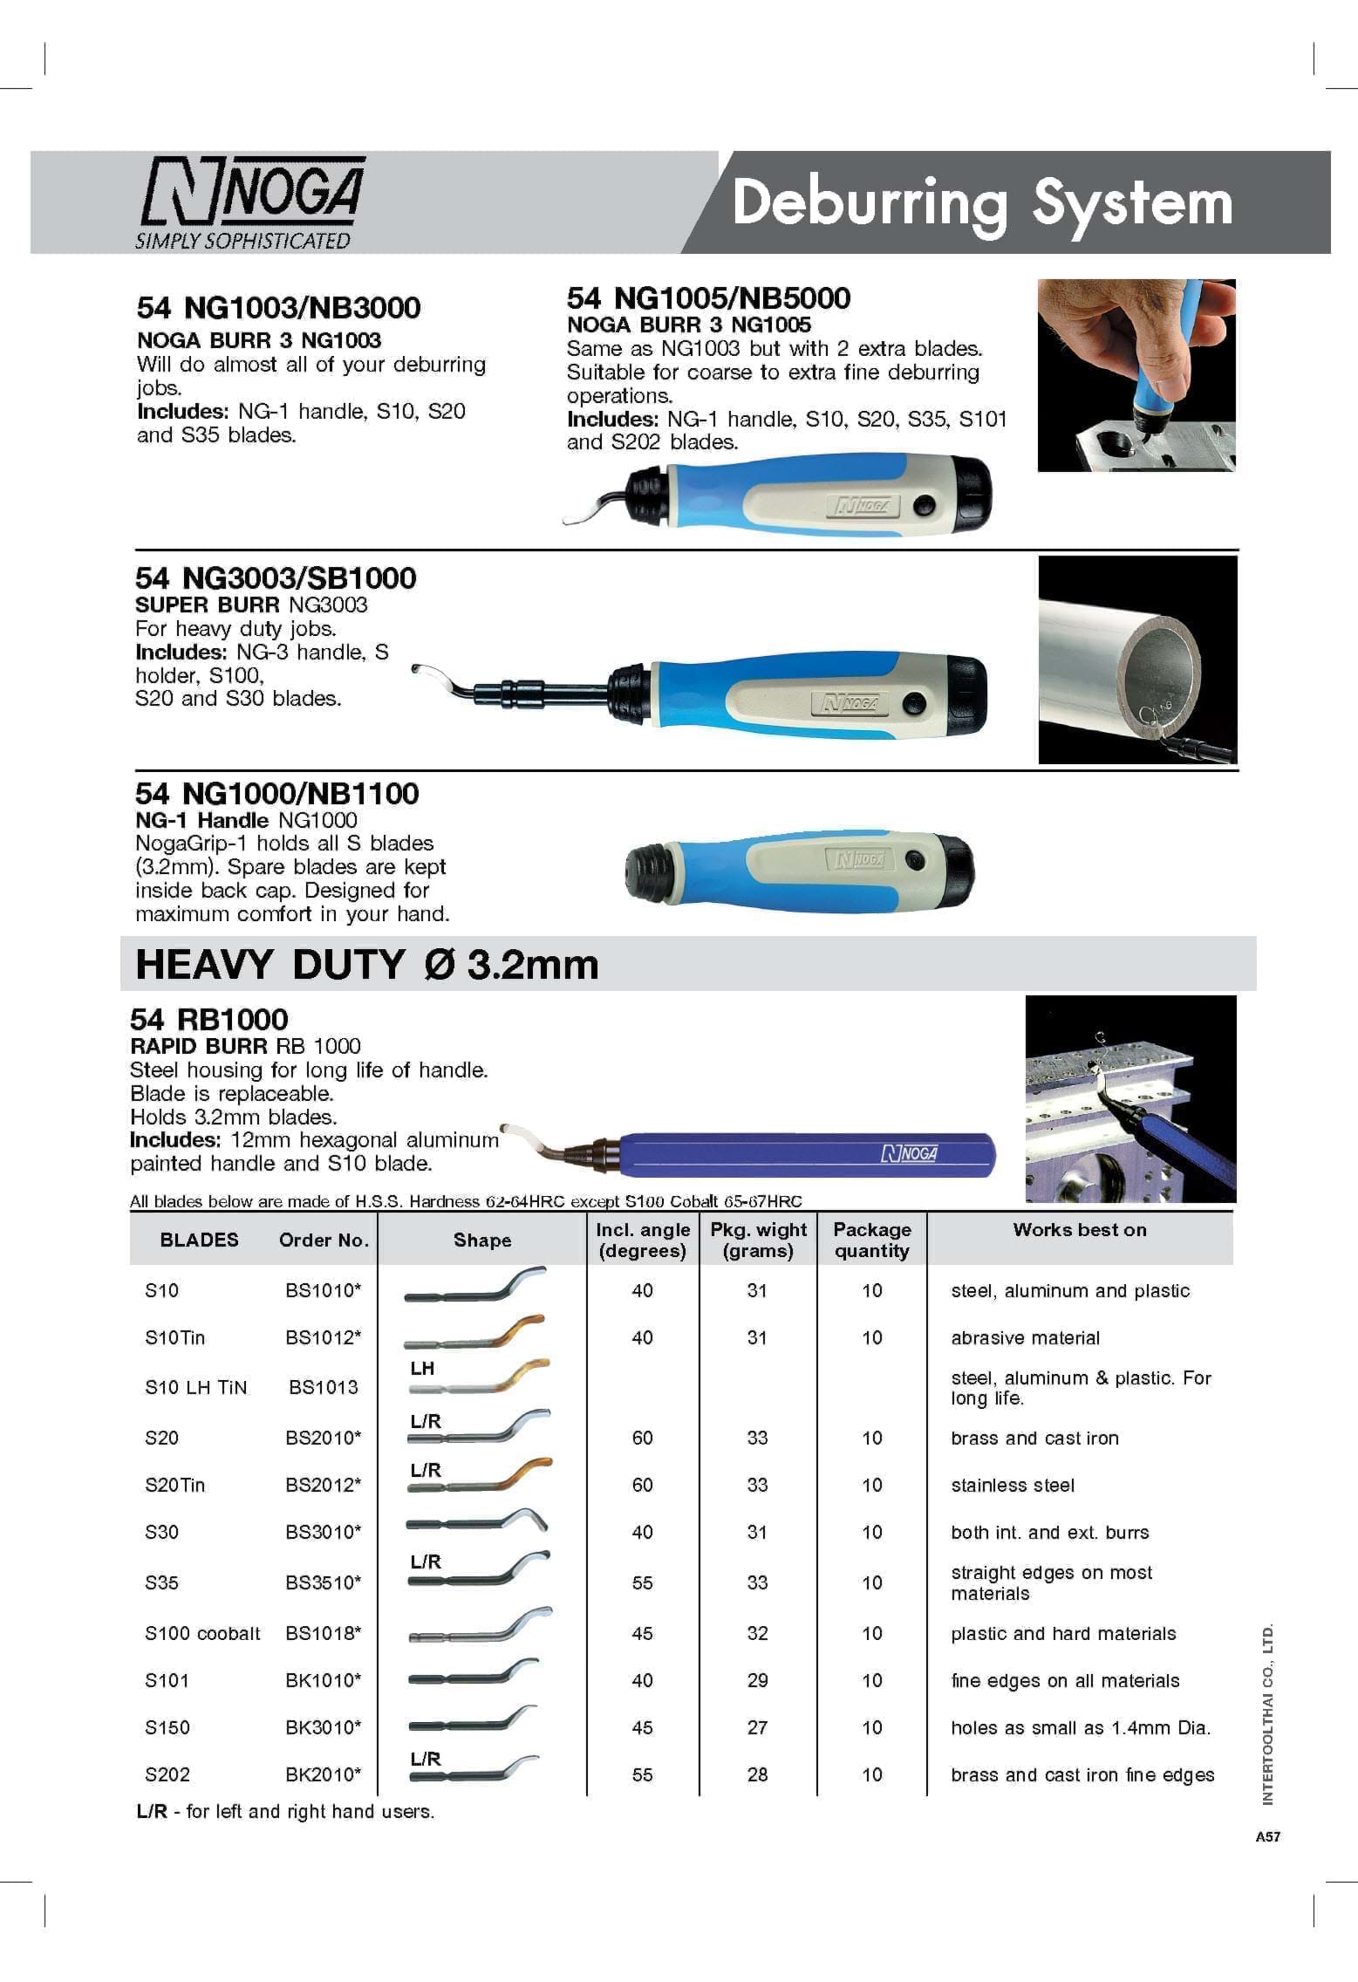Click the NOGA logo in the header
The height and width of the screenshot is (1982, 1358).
pos(250,202)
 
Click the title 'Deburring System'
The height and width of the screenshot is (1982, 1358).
pos(982,203)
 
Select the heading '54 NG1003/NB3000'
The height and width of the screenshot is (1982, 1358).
pos(278,308)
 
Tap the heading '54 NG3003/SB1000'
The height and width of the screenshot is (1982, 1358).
pos(276,578)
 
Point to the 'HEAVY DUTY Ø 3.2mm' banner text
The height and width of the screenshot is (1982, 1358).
pos(367,965)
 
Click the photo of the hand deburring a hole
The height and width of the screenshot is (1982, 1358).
pos(1136,376)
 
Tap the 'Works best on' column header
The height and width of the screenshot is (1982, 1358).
pos(1079,1230)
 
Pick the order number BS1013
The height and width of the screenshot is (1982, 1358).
pos(323,1388)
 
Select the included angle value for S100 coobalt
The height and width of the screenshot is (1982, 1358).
pos(642,1634)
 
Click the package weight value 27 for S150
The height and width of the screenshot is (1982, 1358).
pos(757,1728)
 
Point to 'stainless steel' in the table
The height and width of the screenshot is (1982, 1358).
pos(1012,1486)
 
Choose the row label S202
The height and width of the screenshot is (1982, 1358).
pos(167,1775)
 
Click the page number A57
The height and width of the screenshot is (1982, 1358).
pos(1267,1837)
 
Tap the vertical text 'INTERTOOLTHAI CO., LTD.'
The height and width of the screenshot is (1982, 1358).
pos(1268,1715)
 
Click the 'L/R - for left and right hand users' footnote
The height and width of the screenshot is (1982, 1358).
pos(285,1812)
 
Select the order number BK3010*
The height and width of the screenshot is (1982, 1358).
pos(323,1728)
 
